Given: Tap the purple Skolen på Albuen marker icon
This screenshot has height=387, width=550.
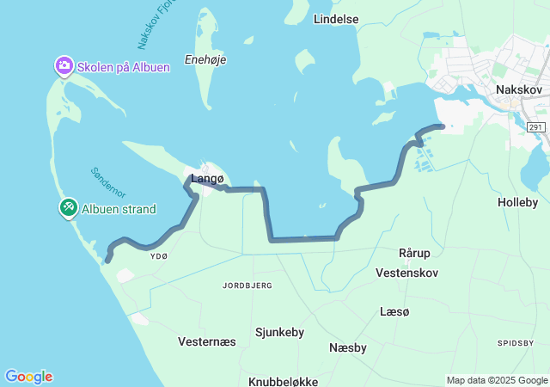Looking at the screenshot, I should [x=64, y=66].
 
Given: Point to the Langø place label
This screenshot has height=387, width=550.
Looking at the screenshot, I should [x=207, y=179].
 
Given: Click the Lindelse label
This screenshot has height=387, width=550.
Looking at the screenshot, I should [x=336, y=18].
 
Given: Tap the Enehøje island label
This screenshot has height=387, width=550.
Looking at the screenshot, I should [x=203, y=63].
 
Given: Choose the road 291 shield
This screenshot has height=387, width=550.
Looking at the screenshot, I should [x=535, y=127].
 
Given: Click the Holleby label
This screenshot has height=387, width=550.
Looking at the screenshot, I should [x=517, y=202].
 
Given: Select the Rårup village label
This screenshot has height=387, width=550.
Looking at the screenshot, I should [x=414, y=253].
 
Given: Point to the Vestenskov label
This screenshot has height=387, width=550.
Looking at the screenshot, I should [x=407, y=273].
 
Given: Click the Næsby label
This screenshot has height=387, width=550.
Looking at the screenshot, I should [x=348, y=347].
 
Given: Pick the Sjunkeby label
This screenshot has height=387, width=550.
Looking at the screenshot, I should [x=280, y=331].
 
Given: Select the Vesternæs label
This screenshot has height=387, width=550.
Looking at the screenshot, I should [x=206, y=341].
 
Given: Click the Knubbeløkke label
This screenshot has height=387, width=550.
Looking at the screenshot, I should [x=284, y=381].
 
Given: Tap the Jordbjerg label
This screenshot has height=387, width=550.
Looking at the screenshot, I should [x=247, y=285].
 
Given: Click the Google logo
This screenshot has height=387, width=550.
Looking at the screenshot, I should [x=28, y=377].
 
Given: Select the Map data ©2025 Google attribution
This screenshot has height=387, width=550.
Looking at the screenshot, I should [x=497, y=380].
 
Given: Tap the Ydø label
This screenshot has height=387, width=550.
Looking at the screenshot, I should [x=159, y=256].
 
